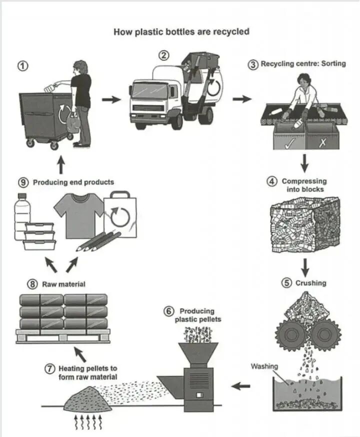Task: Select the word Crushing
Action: click(x=310, y=283)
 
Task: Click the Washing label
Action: click(x=264, y=366)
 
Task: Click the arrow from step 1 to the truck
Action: click(x=111, y=99)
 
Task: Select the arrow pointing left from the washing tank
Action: click(x=241, y=385)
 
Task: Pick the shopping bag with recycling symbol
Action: click(x=120, y=214)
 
